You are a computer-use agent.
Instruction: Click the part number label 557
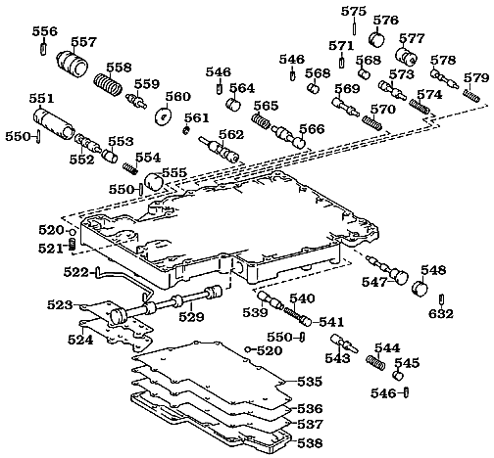(83, 42)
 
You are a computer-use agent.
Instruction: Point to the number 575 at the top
(353, 11)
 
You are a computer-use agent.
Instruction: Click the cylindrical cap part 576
(373, 40)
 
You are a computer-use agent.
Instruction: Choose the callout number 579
(476, 77)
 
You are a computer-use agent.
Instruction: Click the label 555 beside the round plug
(174, 172)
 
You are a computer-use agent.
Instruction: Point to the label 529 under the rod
(190, 317)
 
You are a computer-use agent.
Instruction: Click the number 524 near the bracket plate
(80, 340)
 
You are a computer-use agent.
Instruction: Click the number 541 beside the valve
(331, 322)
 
